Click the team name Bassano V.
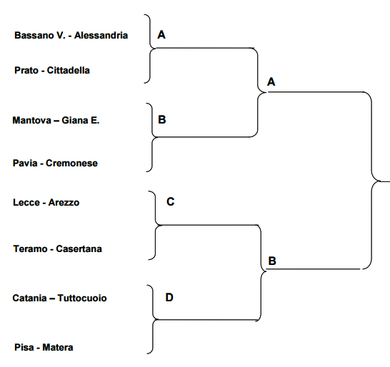tap(39, 35)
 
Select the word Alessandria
tap(101, 35)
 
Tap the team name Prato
tap(26, 71)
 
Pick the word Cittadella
tap(69, 71)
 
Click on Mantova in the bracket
tap(32, 121)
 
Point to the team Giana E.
tap(80, 121)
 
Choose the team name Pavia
tap(25, 163)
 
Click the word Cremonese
tap(71, 163)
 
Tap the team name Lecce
tap(26, 202)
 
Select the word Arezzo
tap(64, 202)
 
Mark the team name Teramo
tap(30, 249)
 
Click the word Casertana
tap(79, 249)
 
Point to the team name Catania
tap(29, 298)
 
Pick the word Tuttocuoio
tap(82, 298)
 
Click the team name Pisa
tap(24, 347)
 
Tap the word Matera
tap(58, 347)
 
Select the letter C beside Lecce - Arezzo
tap(171, 201)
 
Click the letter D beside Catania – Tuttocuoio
tap(169, 297)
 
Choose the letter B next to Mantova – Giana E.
tap(162, 120)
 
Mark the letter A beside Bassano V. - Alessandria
tap(161, 34)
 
